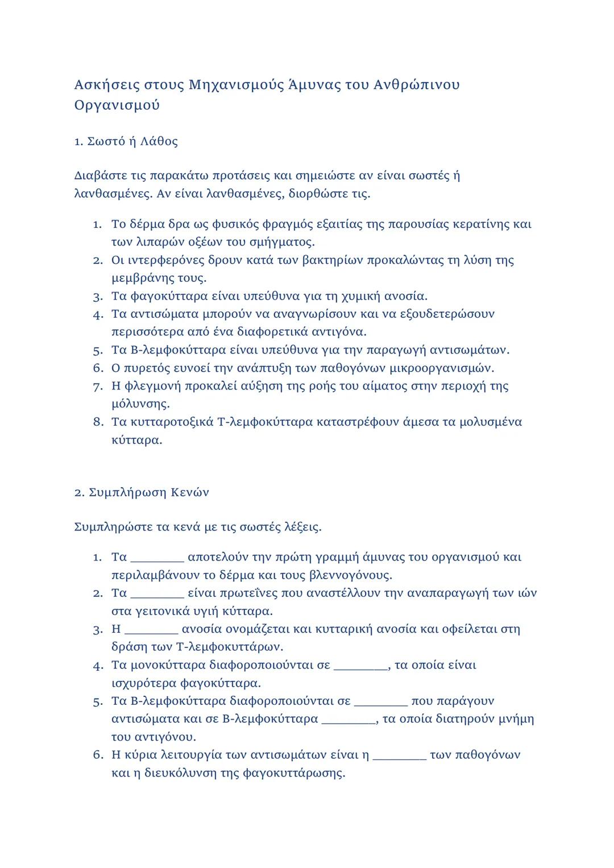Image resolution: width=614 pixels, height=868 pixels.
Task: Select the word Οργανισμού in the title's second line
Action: point(117,106)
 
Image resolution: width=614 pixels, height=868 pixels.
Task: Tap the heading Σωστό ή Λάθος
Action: point(132,142)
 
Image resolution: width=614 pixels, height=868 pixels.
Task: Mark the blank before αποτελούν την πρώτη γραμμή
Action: point(157,558)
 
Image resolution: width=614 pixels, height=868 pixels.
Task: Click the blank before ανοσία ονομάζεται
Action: point(151,629)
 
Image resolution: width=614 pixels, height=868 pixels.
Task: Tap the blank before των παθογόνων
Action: point(400,755)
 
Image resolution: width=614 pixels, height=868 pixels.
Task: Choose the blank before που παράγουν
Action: point(381,701)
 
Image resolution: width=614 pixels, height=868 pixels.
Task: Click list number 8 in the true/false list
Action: point(98,422)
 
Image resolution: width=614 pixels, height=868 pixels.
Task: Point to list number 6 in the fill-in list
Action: point(98,755)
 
